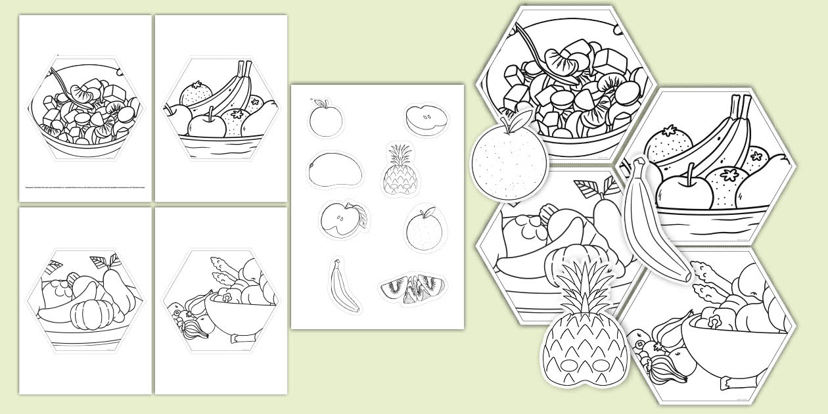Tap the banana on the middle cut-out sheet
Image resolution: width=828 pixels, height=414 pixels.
pyautogui.click(x=344, y=286)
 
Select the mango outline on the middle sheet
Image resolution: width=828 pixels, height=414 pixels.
pyautogui.click(x=334, y=170)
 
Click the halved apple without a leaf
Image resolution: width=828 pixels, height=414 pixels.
pyautogui.click(x=426, y=118)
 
